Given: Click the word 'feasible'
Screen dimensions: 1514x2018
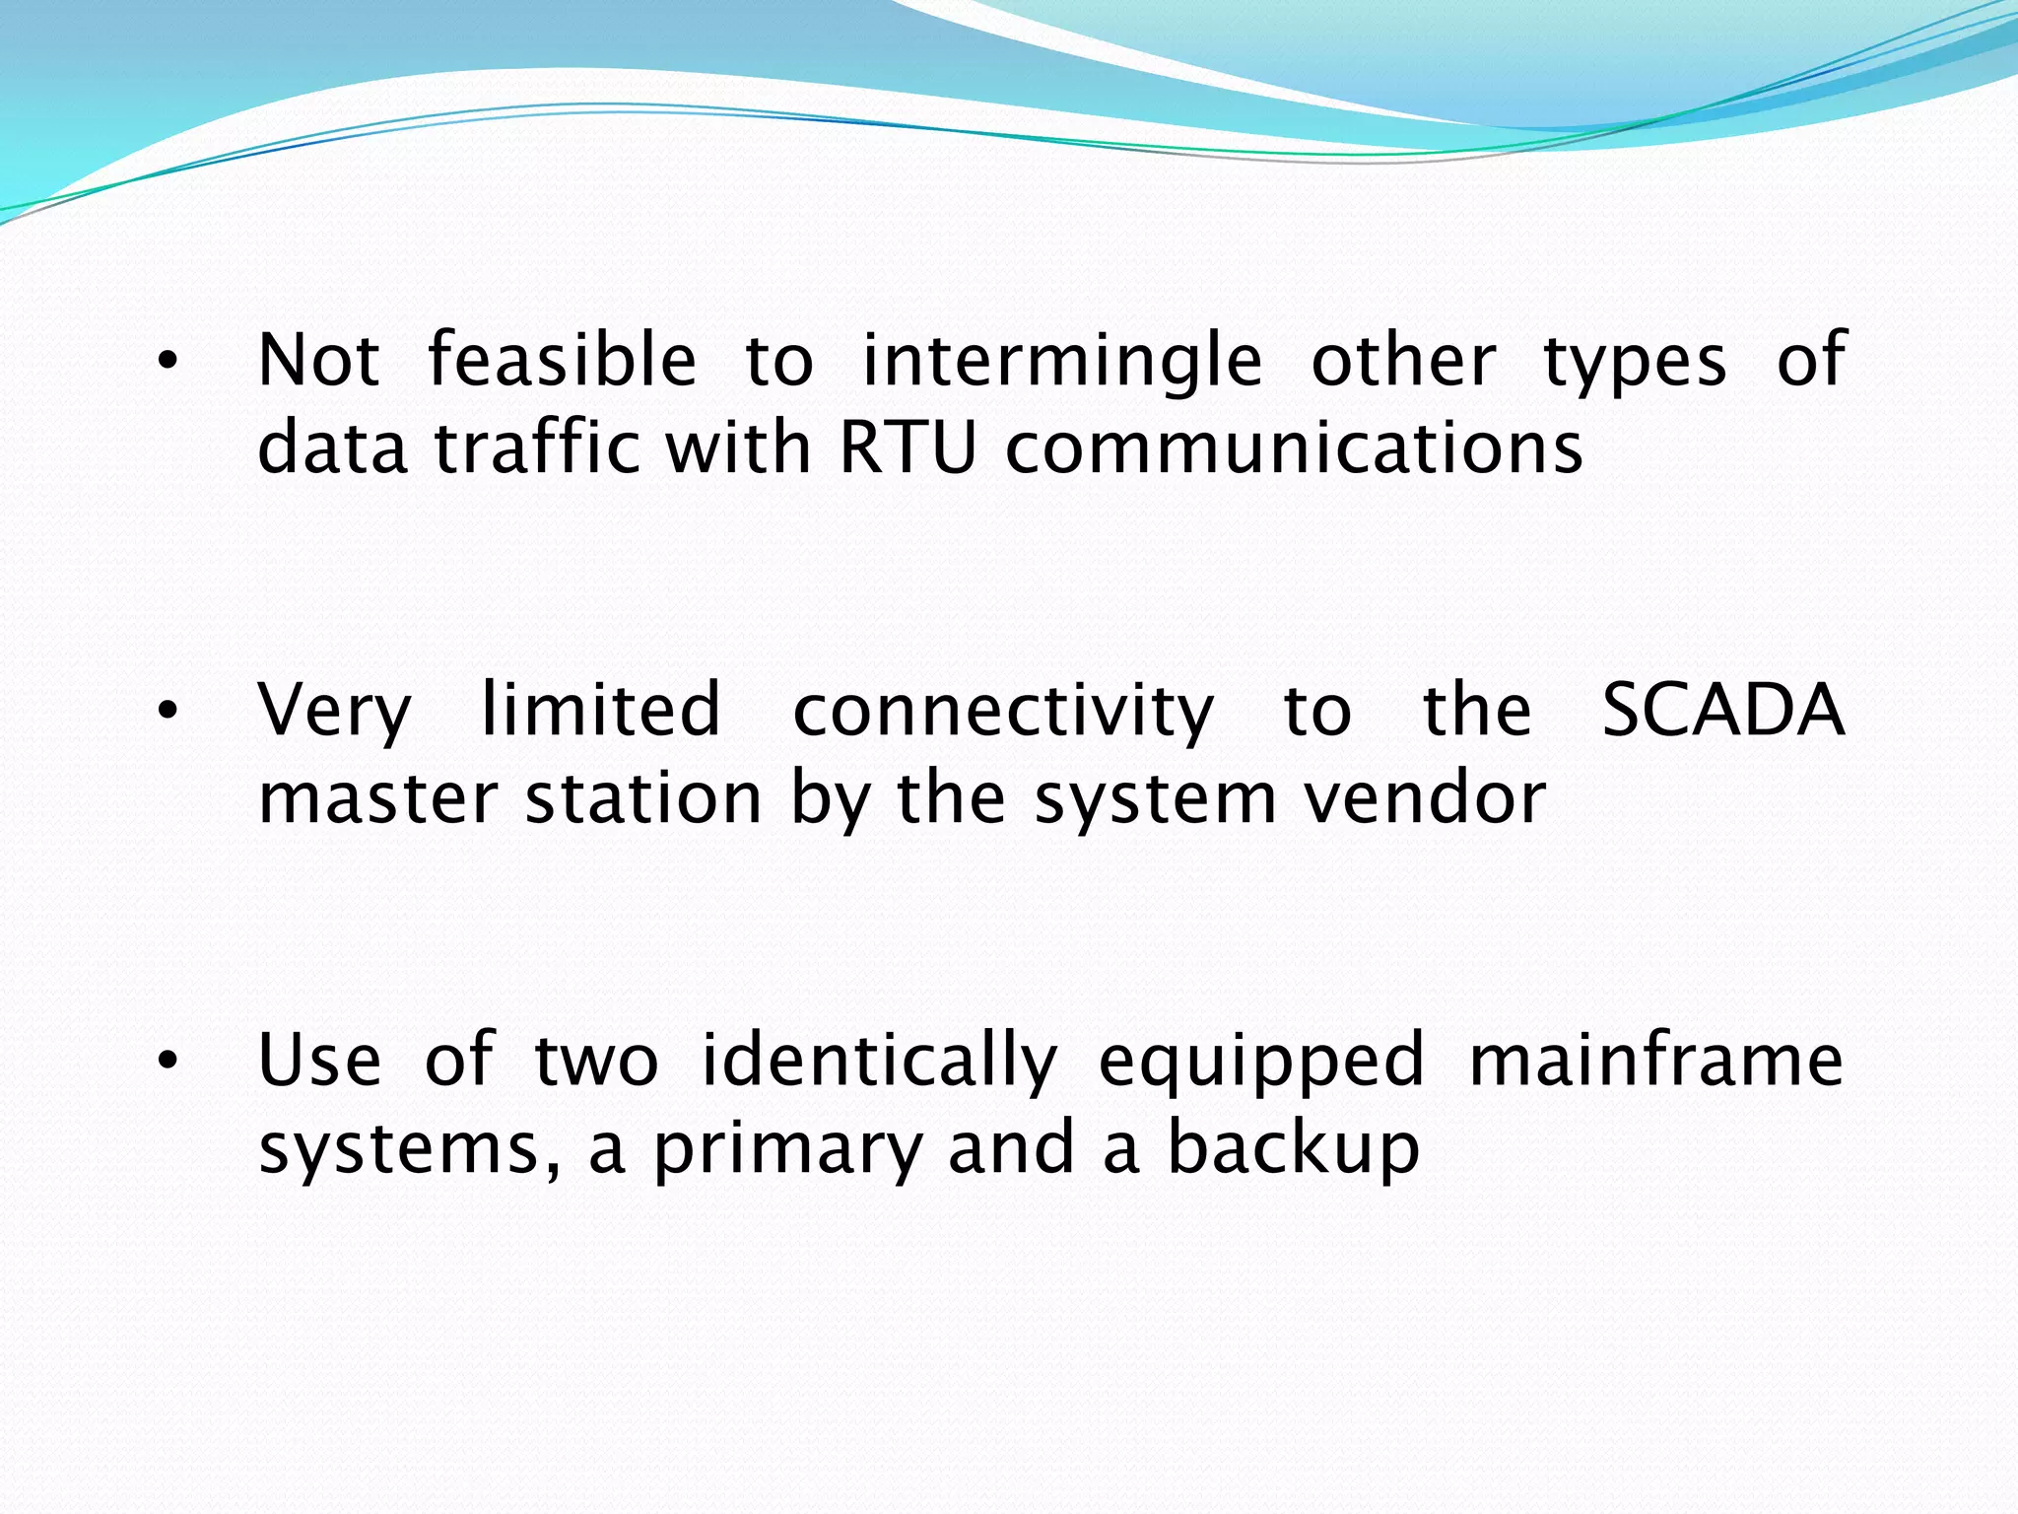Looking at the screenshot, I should click(x=563, y=360).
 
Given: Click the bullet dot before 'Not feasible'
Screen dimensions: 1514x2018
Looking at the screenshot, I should click(x=168, y=363).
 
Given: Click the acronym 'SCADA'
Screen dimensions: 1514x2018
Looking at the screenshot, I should click(x=1722, y=710).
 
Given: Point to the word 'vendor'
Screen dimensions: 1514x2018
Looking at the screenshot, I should click(x=1425, y=798).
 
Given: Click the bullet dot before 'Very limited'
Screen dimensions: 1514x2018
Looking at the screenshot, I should click(x=168, y=712).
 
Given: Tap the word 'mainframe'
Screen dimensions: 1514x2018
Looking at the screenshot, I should click(x=1655, y=1061).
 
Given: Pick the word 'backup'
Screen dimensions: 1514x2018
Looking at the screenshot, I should click(x=1293, y=1149).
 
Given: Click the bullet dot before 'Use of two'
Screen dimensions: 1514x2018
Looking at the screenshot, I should click(x=168, y=1062).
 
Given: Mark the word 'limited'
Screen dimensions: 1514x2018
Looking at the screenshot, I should click(x=601, y=710).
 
